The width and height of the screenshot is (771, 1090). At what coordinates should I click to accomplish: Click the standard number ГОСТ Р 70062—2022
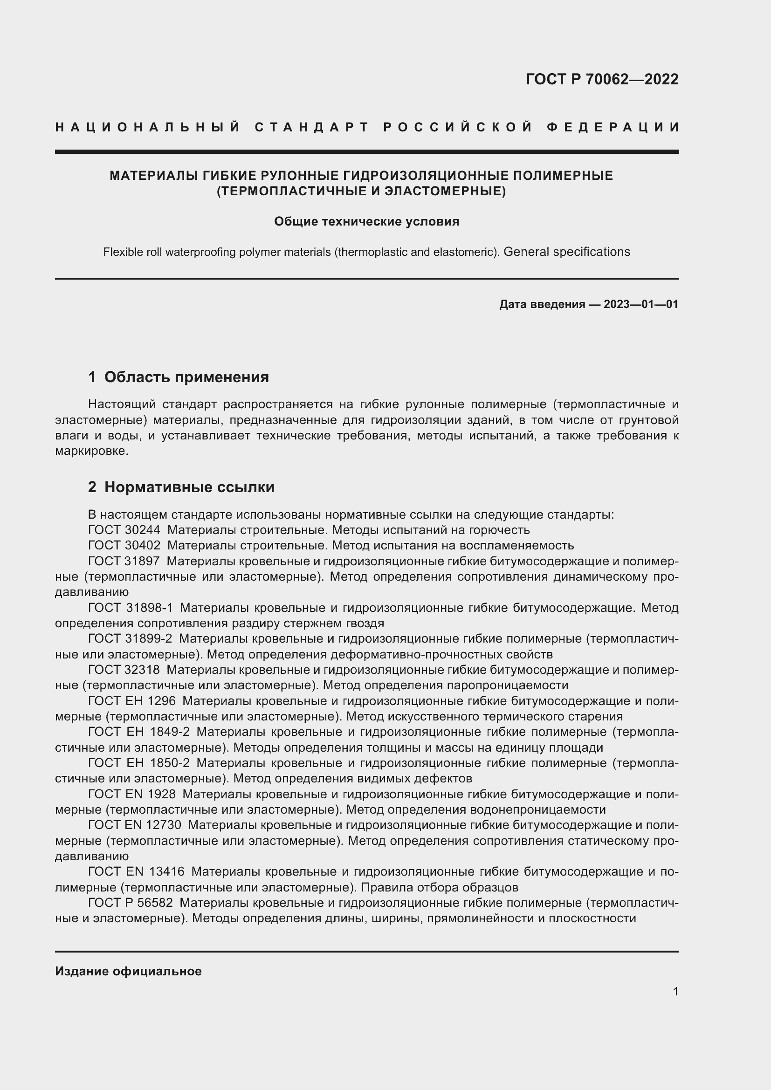(x=602, y=79)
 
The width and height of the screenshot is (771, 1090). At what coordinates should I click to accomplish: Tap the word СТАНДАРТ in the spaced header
(x=312, y=127)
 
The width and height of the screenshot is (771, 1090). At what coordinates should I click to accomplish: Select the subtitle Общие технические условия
(x=366, y=221)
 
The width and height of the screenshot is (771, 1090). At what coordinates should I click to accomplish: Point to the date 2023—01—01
(x=641, y=304)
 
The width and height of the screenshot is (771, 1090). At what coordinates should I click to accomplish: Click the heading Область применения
(x=186, y=377)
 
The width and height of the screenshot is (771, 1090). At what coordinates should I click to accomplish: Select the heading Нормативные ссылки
(x=189, y=487)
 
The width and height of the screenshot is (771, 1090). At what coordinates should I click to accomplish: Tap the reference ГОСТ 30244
(x=124, y=530)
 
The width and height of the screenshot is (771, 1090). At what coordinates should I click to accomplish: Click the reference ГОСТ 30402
(x=124, y=546)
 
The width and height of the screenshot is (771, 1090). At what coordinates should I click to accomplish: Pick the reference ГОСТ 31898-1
(x=131, y=608)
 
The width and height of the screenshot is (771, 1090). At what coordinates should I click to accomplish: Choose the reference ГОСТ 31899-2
(x=131, y=639)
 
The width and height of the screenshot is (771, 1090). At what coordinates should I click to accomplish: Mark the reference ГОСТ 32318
(x=124, y=670)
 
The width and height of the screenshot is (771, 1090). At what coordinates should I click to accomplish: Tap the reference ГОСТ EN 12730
(x=135, y=825)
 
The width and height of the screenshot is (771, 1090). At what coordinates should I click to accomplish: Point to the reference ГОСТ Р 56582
(x=131, y=903)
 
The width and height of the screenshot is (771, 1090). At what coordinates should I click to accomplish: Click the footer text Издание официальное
(x=128, y=971)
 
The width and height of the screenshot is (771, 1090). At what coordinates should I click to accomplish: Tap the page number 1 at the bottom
(x=675, y=992)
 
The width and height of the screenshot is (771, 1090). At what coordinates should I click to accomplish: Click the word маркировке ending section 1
(x=91, y=451)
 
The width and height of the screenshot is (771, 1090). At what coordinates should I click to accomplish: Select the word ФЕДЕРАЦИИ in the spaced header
(x=613, y=127)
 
